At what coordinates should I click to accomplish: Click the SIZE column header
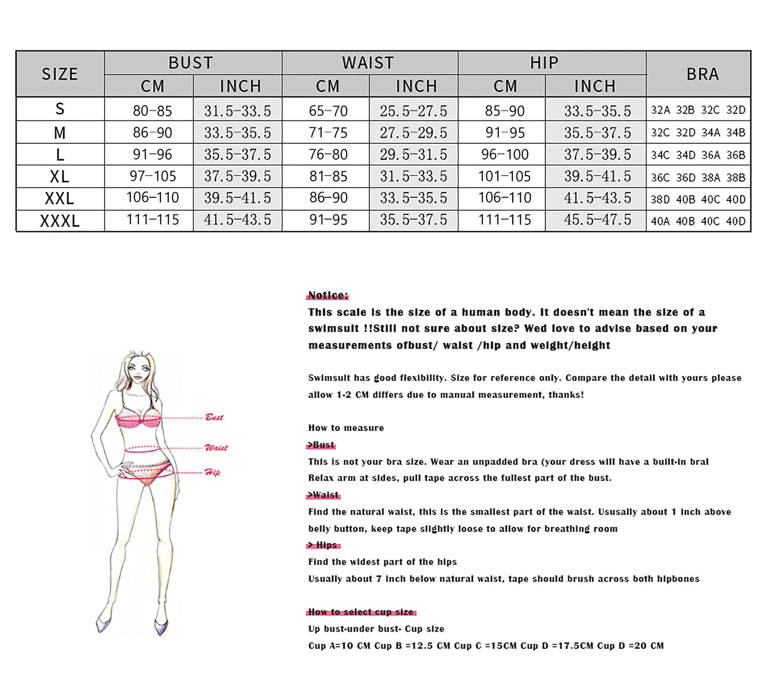(60, 74)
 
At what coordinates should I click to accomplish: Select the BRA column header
(702, 74)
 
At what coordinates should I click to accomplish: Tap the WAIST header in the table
(368, 63)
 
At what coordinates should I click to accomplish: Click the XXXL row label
(60, 220)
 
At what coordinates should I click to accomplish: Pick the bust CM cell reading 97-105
(153, 176)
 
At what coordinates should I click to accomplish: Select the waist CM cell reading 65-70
(328, 110)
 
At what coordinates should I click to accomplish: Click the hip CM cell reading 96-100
(505, 154)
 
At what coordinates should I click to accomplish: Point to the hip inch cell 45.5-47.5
(597, 220)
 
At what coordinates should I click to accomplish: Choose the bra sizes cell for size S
(698, 110)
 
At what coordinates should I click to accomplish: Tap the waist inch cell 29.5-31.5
(413, 154)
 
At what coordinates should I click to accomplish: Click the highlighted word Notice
(328, 296)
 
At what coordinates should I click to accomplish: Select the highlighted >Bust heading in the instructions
(321, 445)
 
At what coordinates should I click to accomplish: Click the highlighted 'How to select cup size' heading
(360, 612)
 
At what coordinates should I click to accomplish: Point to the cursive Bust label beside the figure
(214, 417)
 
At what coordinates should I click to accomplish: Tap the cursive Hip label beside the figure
(212, 472)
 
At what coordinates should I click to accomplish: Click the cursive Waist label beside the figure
(216, 448)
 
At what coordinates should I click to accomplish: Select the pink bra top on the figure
(138, 418)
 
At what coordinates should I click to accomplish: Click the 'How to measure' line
(346, 428)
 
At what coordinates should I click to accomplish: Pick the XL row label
(60, 176)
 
